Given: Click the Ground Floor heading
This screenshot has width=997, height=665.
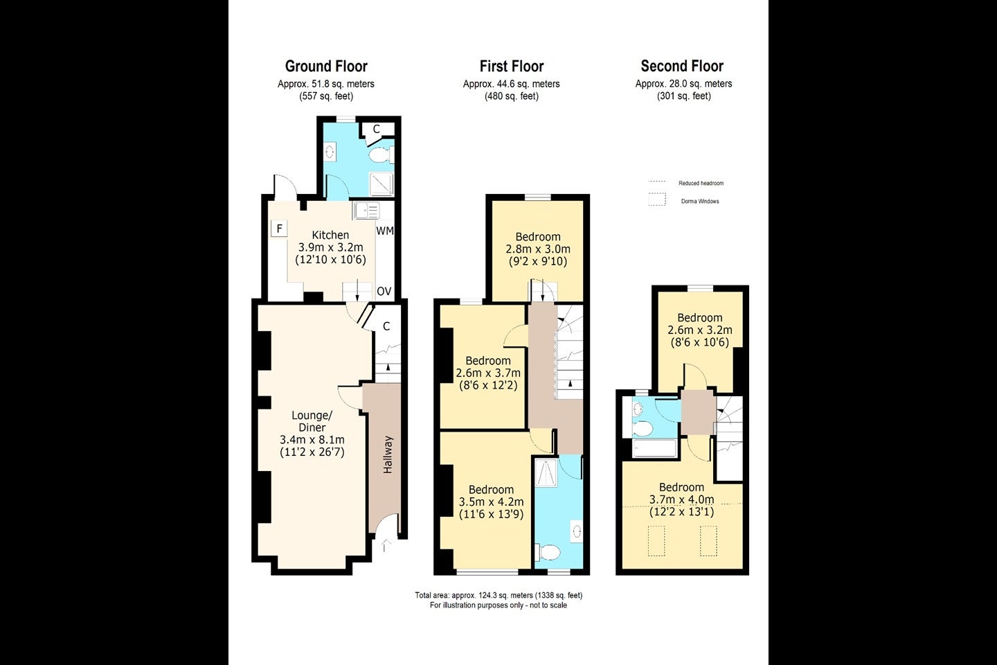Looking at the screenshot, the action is [326, 66].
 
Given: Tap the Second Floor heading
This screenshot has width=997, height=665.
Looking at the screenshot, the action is [682, 66].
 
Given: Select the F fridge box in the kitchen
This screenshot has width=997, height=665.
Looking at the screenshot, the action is [280, 229].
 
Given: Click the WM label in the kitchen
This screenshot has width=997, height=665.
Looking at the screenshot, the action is [385, 231].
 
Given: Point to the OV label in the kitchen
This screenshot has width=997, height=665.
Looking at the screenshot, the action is [384, 292].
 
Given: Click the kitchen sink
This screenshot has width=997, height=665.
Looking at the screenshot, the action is [367, 211].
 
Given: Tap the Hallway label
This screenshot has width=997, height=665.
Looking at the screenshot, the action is [388, 454].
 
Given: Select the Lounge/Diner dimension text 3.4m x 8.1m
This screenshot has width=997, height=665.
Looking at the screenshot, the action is [312, 440].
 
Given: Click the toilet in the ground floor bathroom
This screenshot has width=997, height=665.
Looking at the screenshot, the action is [381, 155].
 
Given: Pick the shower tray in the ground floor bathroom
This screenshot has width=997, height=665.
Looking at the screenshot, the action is [381, 184].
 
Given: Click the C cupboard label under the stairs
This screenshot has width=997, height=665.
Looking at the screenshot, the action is [386, 326].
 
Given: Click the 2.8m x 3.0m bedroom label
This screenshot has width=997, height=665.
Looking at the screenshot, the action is [538, 249].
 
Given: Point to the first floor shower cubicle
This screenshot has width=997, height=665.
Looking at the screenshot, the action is [546, 472].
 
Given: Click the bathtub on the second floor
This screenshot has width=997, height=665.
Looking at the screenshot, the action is [654, 448].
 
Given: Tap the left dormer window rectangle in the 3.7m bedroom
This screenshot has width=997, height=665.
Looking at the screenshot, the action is [656, 541].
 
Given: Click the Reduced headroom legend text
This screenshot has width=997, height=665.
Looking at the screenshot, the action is [701, 183].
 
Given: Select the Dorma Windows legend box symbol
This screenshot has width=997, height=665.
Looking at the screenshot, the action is [657, 199].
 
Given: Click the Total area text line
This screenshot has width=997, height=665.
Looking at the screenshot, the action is [498, 595].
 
